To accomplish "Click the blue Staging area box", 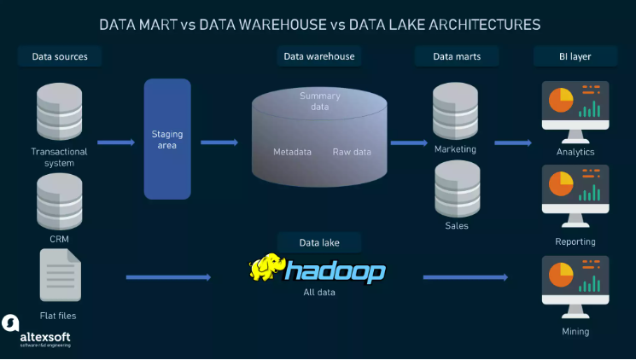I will [x=166, y=139].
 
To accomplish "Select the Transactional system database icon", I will [x=59, y=112].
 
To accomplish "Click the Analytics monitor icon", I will [x=575, y=110].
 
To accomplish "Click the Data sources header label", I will [x=60, y=57].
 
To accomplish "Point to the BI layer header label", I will [x=575, y=57].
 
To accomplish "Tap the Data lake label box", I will [x=318, y=242].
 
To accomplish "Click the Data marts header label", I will [x=457, y=57].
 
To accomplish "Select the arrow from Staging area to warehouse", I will [x=219, y=143].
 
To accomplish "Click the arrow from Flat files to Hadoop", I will [x=167, y=277].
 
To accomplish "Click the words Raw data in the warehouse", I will [x=352, y=152].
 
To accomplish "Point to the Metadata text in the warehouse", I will [x=292, y=152].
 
